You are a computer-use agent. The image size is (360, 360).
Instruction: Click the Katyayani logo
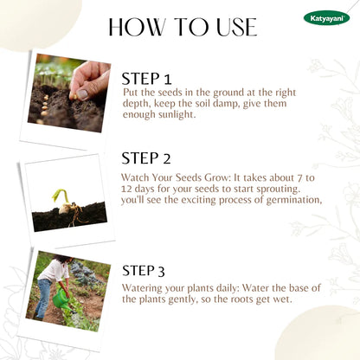tap(326, 18)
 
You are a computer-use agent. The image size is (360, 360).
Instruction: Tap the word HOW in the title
tap(137, 27)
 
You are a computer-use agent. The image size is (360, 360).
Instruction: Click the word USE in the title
tap(236, 27)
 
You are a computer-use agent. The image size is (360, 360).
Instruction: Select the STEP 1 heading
tap(146, 79)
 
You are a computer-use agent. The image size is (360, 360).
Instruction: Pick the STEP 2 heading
tap(146, 158)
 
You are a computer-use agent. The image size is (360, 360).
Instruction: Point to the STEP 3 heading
tap(144, 271)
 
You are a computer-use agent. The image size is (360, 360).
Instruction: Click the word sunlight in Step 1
tap(177, 114)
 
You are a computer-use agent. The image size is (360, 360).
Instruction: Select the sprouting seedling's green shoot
tap(61, 196)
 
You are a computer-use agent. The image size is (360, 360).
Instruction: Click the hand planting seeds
tap(90, 80)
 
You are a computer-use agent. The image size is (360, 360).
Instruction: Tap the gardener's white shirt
tap(55, 270)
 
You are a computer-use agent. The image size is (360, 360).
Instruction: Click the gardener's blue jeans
tap(44, 298)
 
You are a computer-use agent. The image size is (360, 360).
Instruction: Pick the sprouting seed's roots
tap(77, 214)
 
